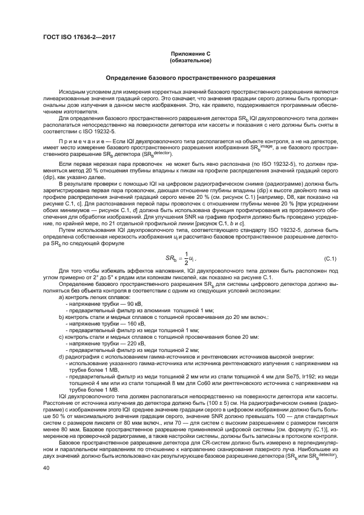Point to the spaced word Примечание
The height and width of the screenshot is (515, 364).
(x=83, y=142)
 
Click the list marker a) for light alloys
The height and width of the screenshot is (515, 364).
(x=61, y=297)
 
